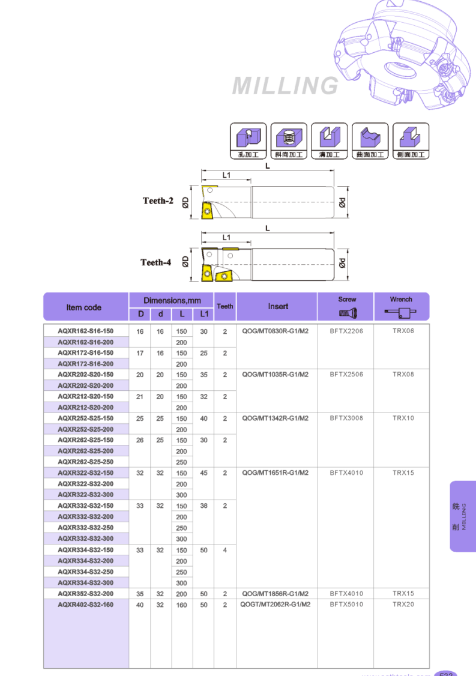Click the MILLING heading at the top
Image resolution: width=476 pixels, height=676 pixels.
[286, 86]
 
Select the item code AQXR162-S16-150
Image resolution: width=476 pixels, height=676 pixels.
[85, 331]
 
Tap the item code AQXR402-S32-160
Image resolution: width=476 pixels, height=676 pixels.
[85, 605]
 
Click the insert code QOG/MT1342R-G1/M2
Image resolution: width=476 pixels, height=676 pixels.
[276, 418]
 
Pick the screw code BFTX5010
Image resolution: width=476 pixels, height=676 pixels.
[346, 605]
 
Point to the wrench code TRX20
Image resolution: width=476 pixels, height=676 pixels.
[403, 605]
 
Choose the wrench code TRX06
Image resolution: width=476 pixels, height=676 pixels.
[403, 331]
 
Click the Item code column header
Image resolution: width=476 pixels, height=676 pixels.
[84, 307]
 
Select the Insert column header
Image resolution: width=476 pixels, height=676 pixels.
[278, 306]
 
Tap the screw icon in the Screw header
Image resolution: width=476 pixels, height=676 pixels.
[348, 312]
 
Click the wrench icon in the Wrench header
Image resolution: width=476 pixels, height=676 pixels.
[401, 312]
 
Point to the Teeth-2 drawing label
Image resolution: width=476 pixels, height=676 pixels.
[158, 201]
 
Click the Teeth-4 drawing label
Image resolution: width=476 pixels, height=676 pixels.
[156, 262]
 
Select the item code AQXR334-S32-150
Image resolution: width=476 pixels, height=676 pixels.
[85, 550]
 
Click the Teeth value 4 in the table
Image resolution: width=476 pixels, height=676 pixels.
[225, 550]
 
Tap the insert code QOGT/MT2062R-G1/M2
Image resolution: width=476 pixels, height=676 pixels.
[276, 605]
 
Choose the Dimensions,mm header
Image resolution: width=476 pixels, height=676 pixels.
[172, 300]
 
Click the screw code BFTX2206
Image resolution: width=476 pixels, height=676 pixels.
[346, 331]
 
